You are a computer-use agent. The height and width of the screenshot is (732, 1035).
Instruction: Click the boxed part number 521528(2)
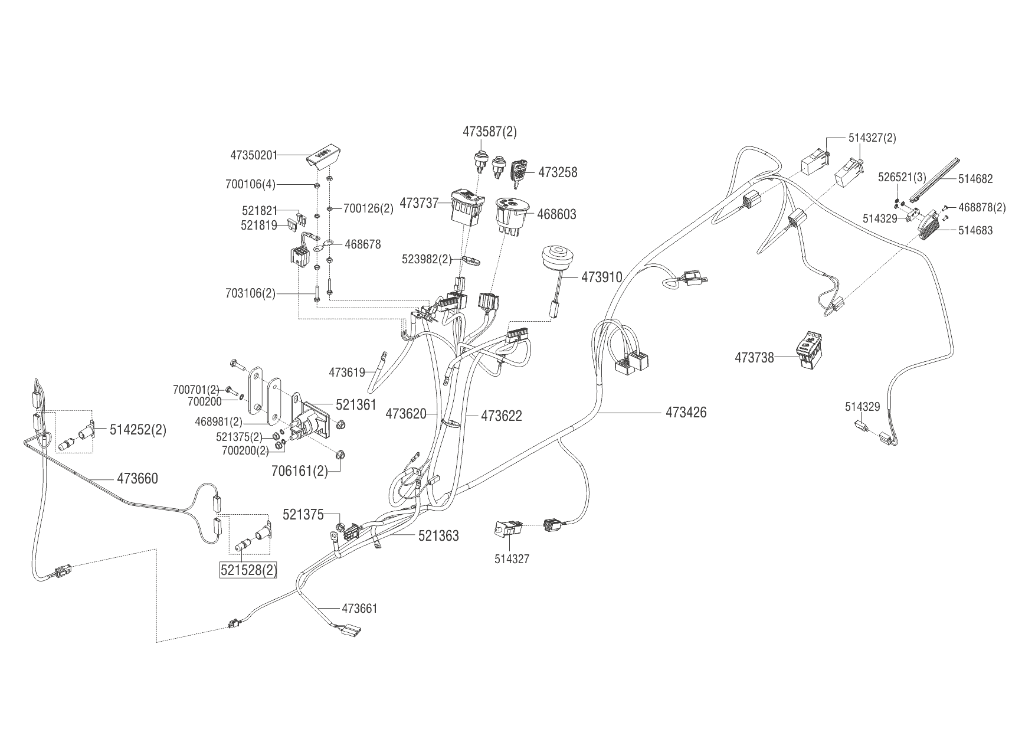tap(248, 571)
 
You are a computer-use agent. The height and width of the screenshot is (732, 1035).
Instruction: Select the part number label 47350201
tap(253, 155)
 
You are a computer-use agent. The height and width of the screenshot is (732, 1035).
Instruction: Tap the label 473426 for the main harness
tap(686, 412)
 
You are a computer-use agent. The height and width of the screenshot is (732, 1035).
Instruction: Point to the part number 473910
tap(602, 276)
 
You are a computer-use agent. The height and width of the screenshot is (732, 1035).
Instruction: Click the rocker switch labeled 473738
tap(808, 352)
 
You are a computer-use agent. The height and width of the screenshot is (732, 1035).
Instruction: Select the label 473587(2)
tap(489, 132)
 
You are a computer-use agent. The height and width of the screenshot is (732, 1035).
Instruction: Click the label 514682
tap(975, 179)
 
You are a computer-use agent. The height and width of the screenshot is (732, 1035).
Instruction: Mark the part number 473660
tap(137, 478)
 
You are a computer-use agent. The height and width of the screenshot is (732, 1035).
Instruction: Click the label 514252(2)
tap(138, 430)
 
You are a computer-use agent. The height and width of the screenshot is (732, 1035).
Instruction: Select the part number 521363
tap(438, 536)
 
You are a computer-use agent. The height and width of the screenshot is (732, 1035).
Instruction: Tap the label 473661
tap(359, 608)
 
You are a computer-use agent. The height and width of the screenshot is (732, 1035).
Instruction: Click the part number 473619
tap(347, 372)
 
